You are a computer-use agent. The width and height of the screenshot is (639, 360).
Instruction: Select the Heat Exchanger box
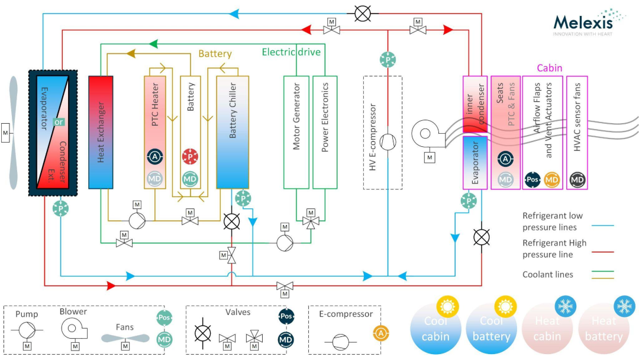point(101,131)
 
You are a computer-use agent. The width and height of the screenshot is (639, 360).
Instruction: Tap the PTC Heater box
point(155,131)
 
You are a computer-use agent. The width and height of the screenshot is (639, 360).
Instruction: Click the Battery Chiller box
point(233,131)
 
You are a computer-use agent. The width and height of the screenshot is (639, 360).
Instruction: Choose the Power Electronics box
point(325,131)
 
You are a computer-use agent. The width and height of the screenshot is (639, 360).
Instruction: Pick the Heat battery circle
point(606,329)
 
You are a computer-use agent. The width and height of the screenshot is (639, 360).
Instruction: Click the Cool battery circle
point(491,329)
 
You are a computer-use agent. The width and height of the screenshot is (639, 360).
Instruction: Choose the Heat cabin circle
point(547,329)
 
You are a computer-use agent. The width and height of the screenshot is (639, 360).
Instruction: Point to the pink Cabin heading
point(549,68)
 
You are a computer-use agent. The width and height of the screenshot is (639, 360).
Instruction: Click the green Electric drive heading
point(291,52)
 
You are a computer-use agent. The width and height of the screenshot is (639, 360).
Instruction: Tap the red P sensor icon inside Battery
point(190,156)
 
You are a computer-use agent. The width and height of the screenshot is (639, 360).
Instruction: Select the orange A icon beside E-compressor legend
point(380,333)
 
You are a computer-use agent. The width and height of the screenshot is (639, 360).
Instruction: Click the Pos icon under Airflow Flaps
point(532,179)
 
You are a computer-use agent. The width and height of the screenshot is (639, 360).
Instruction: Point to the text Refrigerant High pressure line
point(554,248)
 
